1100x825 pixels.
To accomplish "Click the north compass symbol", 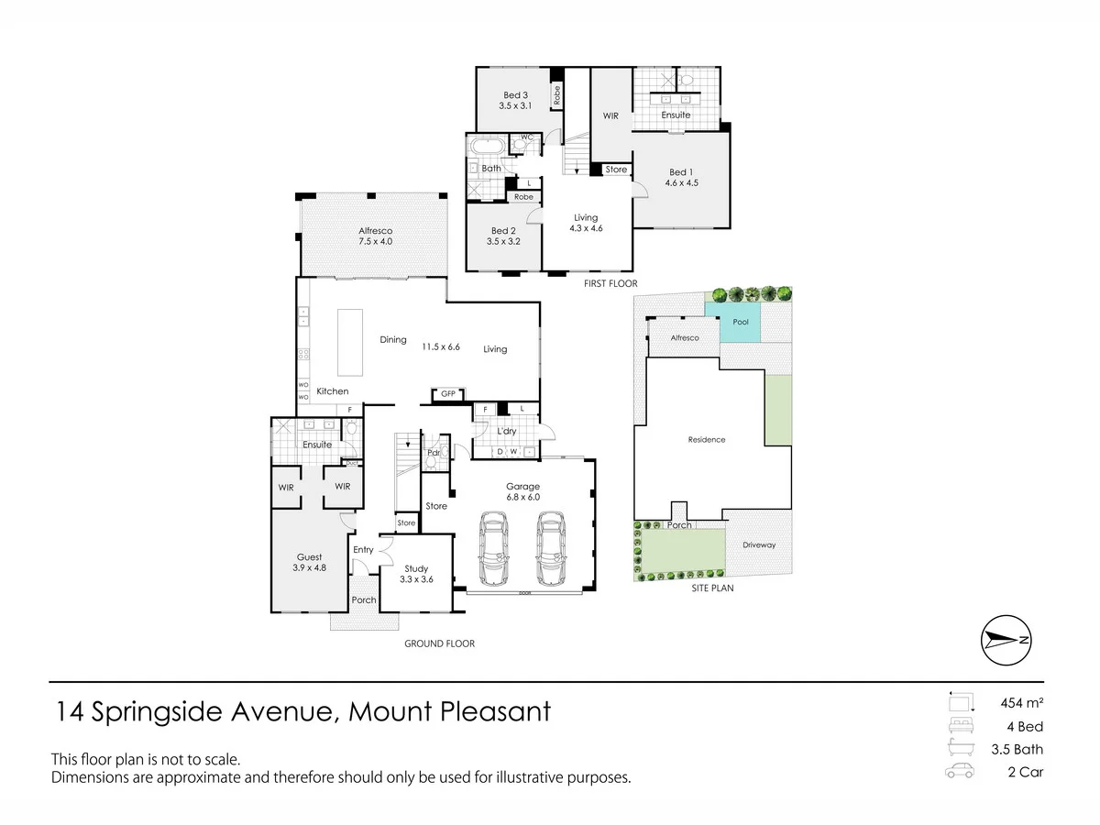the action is (1006, 640).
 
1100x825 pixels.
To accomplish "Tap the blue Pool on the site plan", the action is (732, 323).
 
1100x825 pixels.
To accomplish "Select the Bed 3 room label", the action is (516, 95).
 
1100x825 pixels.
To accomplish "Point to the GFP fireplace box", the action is (448, 394).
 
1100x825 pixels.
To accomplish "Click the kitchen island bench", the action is (350, 342).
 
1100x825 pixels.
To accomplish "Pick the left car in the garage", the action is (493, 548).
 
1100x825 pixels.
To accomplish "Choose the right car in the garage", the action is (551, 548).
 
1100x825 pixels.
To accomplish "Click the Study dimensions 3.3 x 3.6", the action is (416, 579).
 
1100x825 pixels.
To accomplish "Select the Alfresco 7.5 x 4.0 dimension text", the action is (375, 241).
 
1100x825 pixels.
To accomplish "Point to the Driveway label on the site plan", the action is (759, 545).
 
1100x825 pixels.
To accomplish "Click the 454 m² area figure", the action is (1022, 703).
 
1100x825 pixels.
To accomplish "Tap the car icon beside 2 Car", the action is (960, 771).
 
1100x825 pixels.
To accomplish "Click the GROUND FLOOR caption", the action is (439, 643).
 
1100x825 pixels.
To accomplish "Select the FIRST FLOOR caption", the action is (610, 283).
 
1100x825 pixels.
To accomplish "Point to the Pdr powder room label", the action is (434, 452).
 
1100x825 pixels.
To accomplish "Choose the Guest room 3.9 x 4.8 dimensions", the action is (309, 568).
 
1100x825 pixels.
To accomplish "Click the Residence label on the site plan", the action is (707, 440).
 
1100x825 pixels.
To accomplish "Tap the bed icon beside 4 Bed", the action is (961, 725).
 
